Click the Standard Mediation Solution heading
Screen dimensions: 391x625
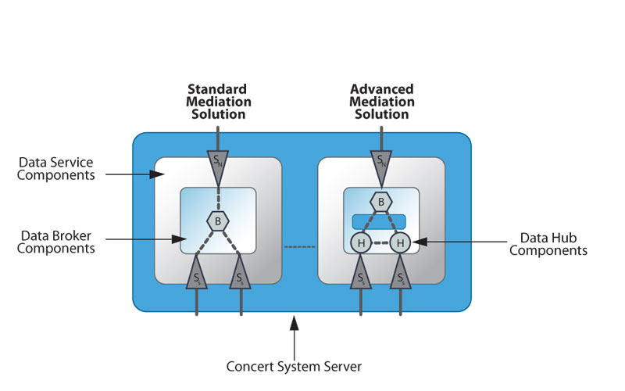point(218,102)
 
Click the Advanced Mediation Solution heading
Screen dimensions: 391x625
point(381,102)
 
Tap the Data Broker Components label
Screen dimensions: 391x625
point(55,242)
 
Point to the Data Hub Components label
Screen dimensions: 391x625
point(553,244)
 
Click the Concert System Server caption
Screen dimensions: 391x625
point(293,365)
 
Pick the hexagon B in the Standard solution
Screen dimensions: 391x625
point(218,221)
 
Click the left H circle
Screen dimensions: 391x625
point(360,243)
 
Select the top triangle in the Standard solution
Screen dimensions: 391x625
point(218,162)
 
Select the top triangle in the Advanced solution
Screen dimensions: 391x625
point(381,162)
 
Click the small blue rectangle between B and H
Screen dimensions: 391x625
point(380,221)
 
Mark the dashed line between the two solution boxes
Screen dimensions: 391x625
point(299,247)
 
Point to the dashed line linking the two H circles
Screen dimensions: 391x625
point(380,243)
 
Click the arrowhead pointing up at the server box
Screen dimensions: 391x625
point(294,320)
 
